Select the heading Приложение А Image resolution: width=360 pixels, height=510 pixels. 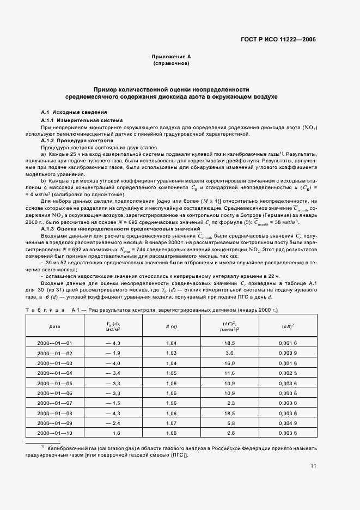click(170, 57)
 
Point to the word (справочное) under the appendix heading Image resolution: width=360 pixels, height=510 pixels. click(170, 64)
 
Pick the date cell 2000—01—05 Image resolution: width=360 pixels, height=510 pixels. click(54, 383)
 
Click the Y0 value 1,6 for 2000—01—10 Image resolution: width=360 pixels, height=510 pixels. click(115, 432)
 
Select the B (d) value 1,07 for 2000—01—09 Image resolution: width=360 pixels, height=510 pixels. click(171, 422)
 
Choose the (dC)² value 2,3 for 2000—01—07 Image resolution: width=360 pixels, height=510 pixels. click(229, 403)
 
